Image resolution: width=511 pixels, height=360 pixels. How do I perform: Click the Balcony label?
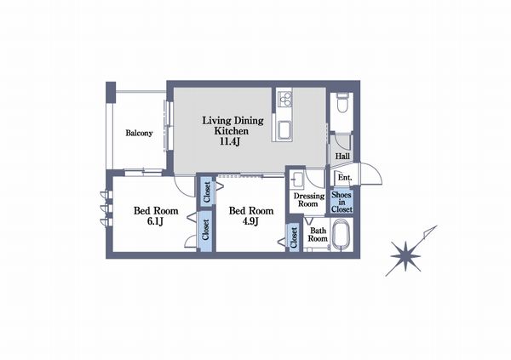[x=139, y=133]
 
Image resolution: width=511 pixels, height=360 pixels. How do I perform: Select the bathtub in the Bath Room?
[x=342, y=235]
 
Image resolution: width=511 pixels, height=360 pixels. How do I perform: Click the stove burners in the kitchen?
[x=284, y=99]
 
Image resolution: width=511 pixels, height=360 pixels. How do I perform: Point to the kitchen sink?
[x=284, y=129]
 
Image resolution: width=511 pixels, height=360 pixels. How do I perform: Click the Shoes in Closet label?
[x=342, y=203]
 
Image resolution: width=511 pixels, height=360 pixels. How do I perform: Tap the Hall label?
[x=342, y=157]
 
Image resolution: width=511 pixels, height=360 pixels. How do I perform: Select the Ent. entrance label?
[x=345, y=178]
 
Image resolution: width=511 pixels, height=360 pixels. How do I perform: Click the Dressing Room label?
[x=309, y=200]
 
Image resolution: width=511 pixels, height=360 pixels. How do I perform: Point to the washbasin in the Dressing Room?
[x=297, y=180]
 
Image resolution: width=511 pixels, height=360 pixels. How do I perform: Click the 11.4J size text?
[x=230, y=141]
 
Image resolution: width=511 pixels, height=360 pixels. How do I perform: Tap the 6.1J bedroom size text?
[x=155, y=221]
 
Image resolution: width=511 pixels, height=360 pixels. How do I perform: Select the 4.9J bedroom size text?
[x=250, y=221]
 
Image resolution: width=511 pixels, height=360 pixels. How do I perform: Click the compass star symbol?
[x=405, y=256]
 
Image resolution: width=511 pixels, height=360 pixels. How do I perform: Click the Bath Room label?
[x=318, y=235]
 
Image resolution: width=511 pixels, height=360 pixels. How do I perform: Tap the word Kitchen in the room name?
[x=231, y=131]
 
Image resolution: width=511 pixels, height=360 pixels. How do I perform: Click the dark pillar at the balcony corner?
[x=111, y=92]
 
